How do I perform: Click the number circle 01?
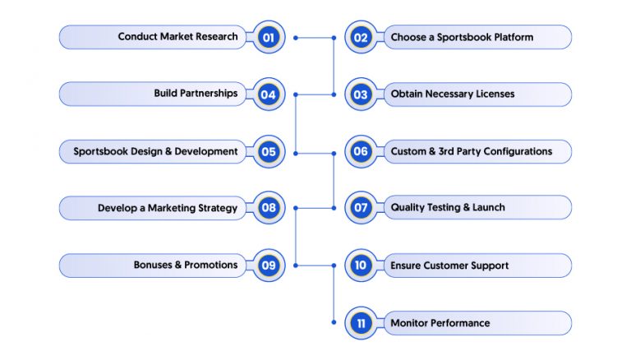(x=269, y=38)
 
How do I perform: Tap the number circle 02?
(x=361, y=38)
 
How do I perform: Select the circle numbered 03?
(x=361, y=95)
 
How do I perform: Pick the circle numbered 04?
(x=269, y=95)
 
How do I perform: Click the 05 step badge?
(x=269, y=152)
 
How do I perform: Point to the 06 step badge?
(x=361, y=152)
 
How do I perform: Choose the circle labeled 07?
(x=361, y=208)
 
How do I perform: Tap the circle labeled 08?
(x=269, y=208)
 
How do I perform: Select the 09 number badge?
(x=269, y=265)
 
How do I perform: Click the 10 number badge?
(x=361, y=265)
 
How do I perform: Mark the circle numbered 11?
(x=361, y=323)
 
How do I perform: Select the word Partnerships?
(x=209, y=94)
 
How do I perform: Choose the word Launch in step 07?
(x=489, y=207)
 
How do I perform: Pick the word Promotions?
(x=211, y=265)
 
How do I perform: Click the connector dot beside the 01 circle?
(x=296, y=38)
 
